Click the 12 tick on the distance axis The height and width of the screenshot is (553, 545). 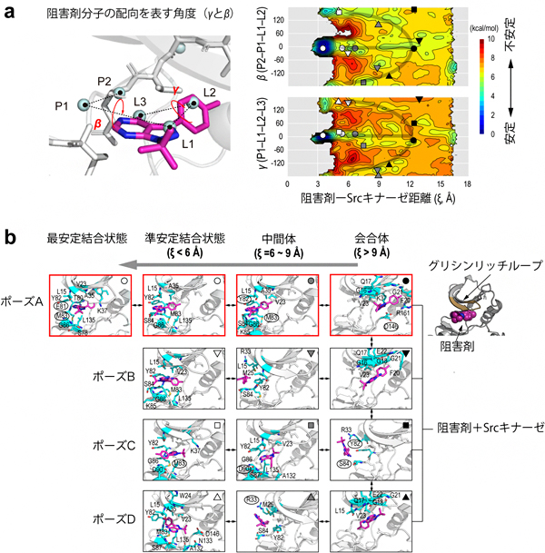(411, 183)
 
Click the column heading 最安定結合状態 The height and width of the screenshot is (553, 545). (84, 238)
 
